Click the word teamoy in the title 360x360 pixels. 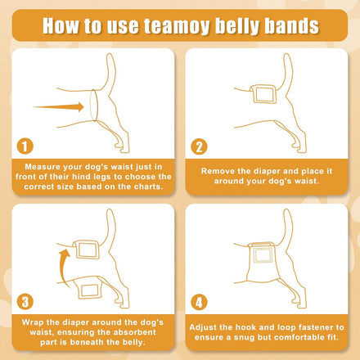(x=177, y=26)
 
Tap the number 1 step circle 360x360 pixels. (x=25, y=146)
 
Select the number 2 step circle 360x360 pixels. (x=199, y=146)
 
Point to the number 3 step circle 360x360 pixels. (x=25, y=302)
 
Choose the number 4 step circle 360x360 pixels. (x=199, y=302)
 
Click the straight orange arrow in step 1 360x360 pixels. (x=58, y=107)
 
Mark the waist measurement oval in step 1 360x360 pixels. (x=93, y=105)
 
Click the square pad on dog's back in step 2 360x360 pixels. (x=263, y=94)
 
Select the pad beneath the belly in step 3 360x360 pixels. (x=90, y=290)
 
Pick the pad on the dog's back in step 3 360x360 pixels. (x=87, y=250)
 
